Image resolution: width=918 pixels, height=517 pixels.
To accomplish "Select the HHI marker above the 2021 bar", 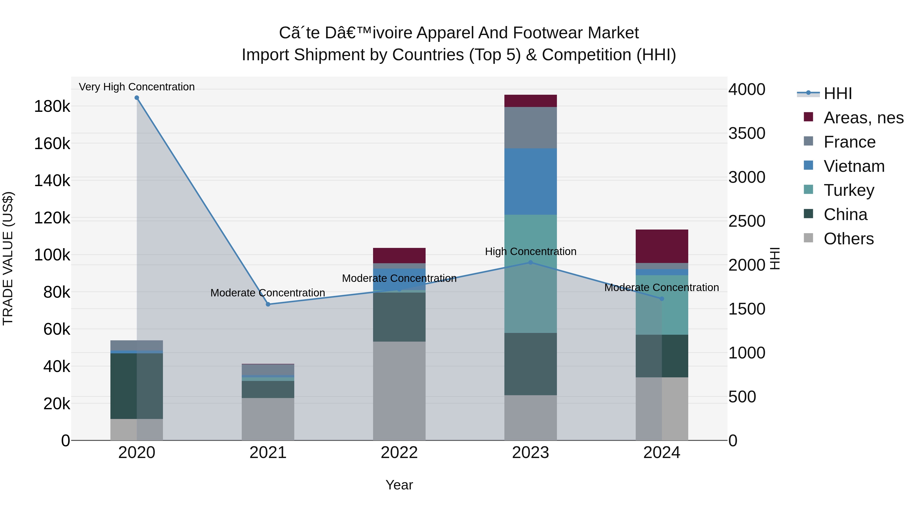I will click(x=268, y=304).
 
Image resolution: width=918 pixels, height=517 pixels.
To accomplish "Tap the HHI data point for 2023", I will click(x=530, y=263).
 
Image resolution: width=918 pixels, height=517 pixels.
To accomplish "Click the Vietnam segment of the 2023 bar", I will click(x=530, y=181).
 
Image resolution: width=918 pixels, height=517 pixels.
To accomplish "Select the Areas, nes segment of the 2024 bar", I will click(x=662, y=246).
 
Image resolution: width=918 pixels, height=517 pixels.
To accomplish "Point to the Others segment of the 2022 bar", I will click(x=399, y=391).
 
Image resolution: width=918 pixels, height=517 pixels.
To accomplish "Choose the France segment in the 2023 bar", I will click(x=530, y=128).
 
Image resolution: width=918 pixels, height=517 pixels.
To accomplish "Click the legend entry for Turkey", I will click(x=848, y=190).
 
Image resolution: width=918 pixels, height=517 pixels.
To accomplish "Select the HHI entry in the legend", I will click(x=837, y=93).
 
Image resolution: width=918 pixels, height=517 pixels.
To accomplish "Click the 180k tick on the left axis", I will click(x=52, y=106).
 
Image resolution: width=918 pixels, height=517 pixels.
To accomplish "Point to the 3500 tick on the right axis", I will click(x=747, y=134).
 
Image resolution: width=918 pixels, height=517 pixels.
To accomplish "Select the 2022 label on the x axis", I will click(x=399, y=453).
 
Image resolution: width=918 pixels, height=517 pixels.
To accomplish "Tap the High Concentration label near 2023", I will click(x=530, y=251).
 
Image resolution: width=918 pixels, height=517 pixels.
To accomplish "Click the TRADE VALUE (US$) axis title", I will click(x=8, y=258).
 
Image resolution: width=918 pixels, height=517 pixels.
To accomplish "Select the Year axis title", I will click(x=399, y=485).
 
